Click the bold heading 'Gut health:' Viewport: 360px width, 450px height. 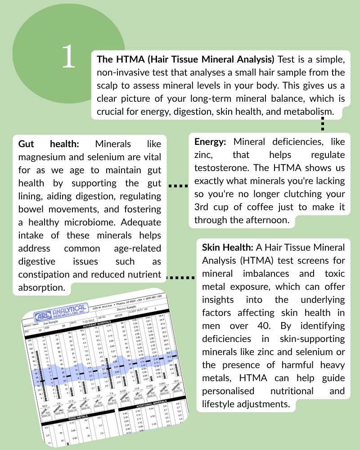pos(49,144)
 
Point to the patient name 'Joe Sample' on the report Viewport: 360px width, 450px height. pos(48,323)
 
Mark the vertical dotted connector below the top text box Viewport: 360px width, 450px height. pos(323,124)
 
